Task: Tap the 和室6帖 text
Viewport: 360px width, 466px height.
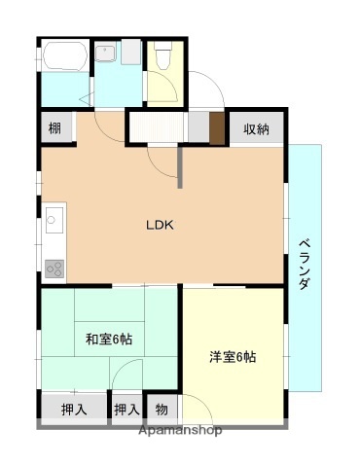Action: (108, 339)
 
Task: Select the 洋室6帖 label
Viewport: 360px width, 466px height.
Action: (233, 356)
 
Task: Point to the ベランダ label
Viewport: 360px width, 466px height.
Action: (304, 263)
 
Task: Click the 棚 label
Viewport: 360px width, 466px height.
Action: (56, 128)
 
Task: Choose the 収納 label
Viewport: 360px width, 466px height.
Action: (256, 128)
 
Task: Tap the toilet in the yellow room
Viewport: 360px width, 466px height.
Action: (162, 58)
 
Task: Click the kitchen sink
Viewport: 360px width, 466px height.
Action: (54, 224)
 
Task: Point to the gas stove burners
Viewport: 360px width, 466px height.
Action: (54, 268)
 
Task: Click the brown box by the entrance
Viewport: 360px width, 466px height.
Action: (216, 127)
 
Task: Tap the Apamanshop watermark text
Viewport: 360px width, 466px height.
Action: (180, 430)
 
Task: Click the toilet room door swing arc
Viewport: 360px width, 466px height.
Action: (167, 93)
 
